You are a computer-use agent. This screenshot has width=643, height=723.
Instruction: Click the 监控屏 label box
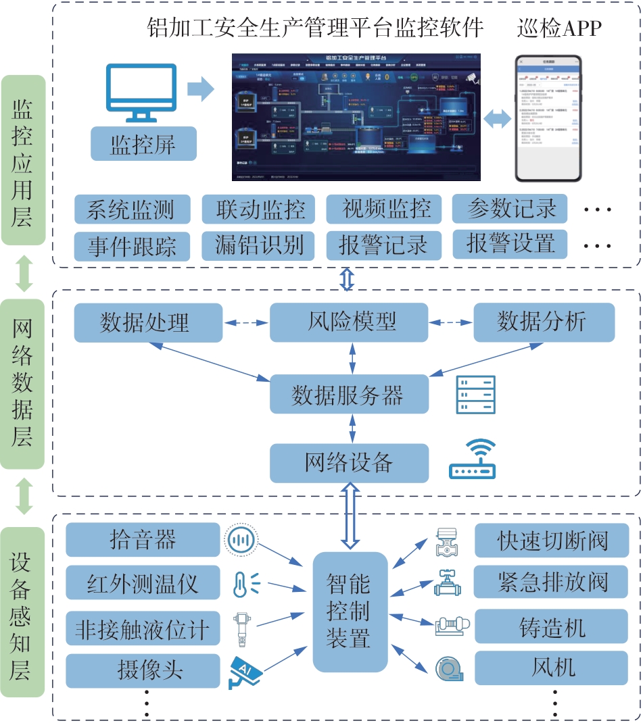(143, 144)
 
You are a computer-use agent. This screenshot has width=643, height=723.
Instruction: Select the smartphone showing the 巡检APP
(548, 119)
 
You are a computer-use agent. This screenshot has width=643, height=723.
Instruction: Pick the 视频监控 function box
(383, 209)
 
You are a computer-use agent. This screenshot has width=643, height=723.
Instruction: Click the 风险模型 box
(349, 322)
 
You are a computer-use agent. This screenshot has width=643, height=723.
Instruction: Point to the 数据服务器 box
(349, 395)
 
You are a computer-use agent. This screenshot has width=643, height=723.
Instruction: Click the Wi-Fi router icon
(473, 460)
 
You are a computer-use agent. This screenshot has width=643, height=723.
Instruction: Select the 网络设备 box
(349, 463)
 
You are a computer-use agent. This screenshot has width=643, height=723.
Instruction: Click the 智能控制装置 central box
(350, 611)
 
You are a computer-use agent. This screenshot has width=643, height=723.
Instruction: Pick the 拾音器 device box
(143, 539)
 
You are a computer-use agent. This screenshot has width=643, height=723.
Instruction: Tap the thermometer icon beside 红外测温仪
(243, 582)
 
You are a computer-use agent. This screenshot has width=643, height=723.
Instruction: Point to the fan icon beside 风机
(446, 668)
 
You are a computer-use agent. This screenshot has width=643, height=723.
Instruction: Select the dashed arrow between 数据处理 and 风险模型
(246, 323)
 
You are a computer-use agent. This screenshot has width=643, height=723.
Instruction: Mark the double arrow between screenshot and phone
(498, 119)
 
